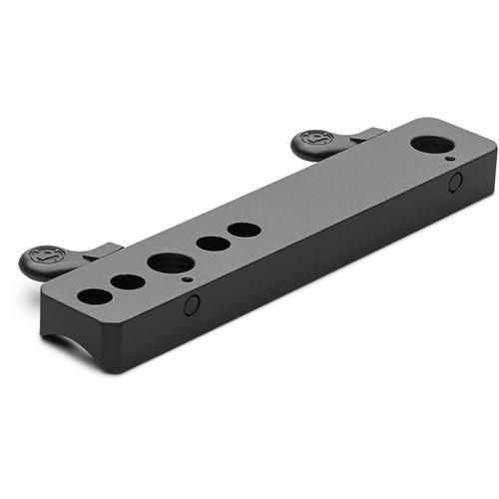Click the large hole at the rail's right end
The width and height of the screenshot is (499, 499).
tap(428, 144)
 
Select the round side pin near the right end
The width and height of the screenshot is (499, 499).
tap(455, 183)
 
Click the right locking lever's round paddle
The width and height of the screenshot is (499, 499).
tap(315, 146)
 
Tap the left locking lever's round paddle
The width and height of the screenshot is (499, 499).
tap(46, 258)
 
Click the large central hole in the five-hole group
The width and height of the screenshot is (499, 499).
tap(171, 263)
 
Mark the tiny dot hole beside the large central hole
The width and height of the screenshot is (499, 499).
tap(188, 280)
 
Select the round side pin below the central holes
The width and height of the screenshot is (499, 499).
tap(192, 304)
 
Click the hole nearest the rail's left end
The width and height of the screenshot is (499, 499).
tap(94, 296)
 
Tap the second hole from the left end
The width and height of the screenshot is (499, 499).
tap(128, 281)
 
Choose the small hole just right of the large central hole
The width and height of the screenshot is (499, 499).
tap(212, 244)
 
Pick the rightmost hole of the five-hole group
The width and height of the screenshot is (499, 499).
tap(244, 230)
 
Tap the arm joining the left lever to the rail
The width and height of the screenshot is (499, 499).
tap(100, 253)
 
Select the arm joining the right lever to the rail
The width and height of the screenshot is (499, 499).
tap(365, 135)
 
